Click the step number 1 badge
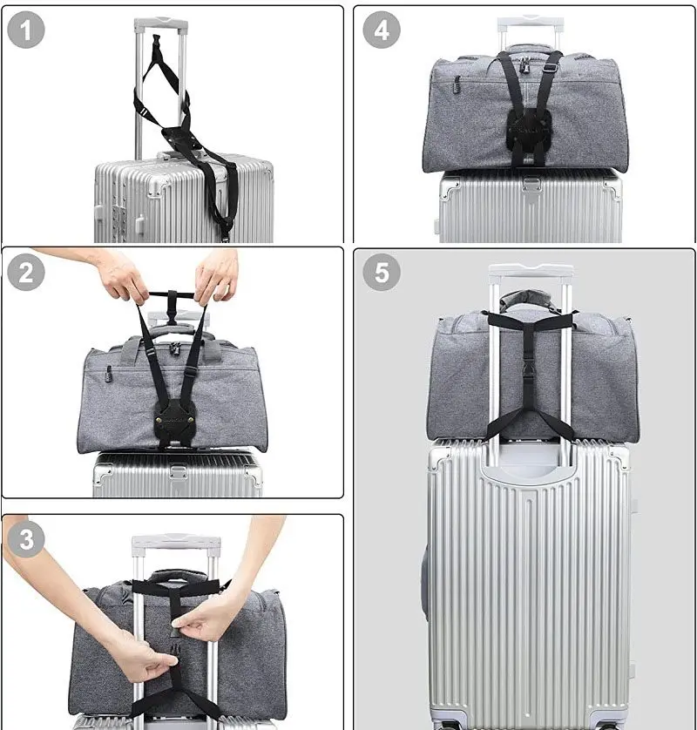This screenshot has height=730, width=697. [x=26, y=30]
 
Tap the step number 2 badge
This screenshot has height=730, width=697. [x=26, y=273]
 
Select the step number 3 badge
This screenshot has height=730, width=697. [x=26, y=539]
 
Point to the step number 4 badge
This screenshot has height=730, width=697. [x=382, y=30]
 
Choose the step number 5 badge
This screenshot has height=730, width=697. [x=382, y=273]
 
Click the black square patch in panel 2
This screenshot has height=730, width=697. [x=173, y=421]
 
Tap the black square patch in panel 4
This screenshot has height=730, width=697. [x=529, y=130]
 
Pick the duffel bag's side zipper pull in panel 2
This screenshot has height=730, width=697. [x=109, y=374]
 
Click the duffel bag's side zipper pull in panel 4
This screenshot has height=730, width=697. [x=458, y=85]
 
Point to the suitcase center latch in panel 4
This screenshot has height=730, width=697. [x=531, y=184]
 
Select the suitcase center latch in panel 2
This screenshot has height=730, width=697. [x=178, y=472]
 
